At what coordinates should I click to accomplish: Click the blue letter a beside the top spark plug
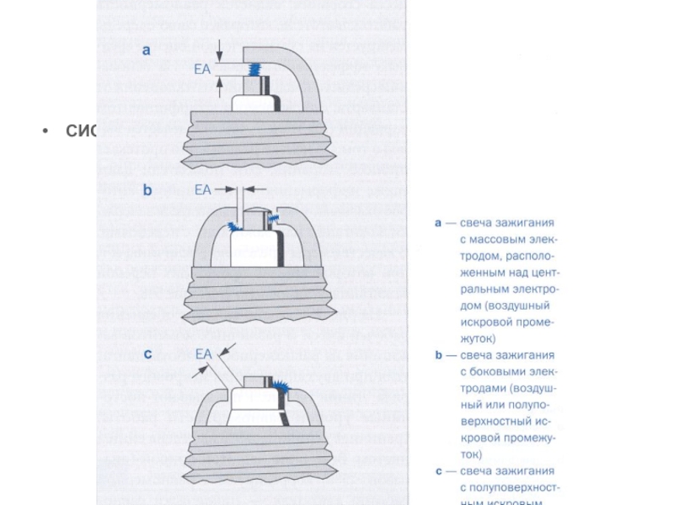point(147,50)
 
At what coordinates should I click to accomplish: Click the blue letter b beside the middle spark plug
point(147,190)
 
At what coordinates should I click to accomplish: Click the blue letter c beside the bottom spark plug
point(147,353)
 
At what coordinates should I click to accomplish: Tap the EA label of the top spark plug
point(202,70)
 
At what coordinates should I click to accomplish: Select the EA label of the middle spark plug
point(203,190)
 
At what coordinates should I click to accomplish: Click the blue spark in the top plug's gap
point(254,71)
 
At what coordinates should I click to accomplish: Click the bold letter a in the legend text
point(438,223)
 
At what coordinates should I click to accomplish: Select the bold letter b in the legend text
point(438,355)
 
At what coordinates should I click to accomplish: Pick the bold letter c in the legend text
point(438,470)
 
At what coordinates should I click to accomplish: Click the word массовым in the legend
point(498,240)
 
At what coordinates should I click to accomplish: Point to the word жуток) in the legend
point(479,338)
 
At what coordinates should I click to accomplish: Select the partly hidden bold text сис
point(82,130)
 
